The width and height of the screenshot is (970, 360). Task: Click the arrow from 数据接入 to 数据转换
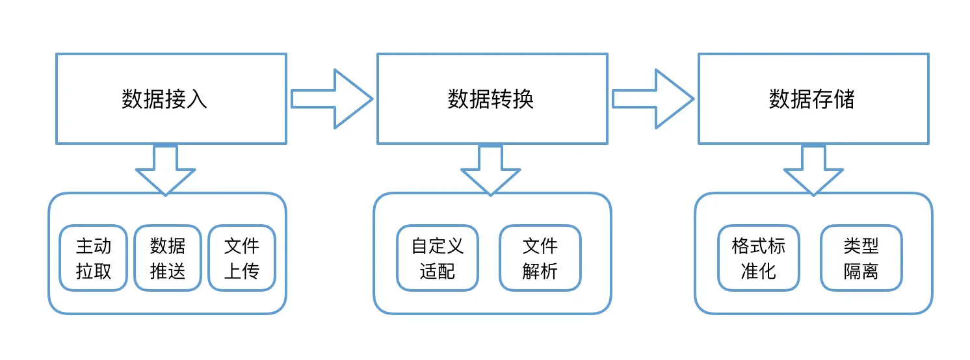coord(332,99)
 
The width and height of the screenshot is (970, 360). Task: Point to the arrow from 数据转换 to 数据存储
coord(653,99)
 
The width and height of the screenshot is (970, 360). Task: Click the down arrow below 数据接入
coord(165,169)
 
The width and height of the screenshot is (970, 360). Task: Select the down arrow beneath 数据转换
coord(490,169)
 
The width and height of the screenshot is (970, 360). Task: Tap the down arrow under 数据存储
coord(813,169)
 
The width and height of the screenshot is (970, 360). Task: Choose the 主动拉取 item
coord(94,258)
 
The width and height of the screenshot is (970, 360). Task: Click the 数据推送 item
coord(168,258)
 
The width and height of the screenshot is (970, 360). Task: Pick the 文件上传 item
coord(242,258)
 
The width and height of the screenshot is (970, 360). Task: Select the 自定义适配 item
coord(438,258)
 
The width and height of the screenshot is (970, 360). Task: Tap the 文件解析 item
coord(540,258)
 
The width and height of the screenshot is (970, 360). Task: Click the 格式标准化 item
coord(759,258)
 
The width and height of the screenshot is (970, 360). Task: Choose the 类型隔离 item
coord(861,258)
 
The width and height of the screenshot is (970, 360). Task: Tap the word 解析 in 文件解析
coord(540,271)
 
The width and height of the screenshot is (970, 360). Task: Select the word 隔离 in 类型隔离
coord(861,271)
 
